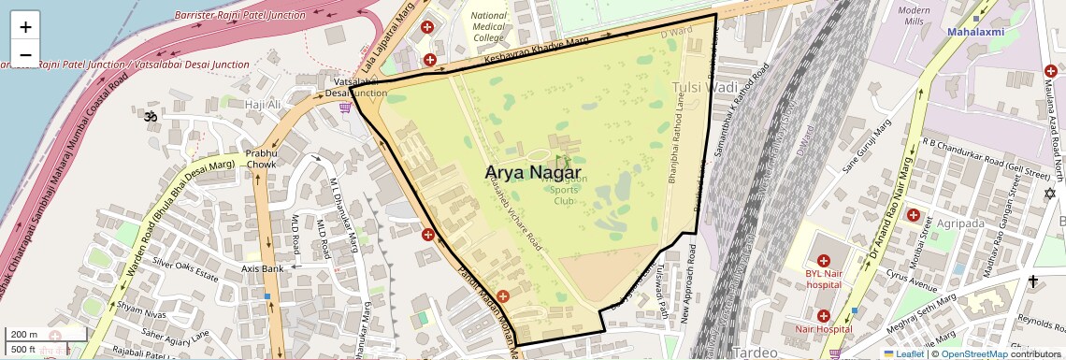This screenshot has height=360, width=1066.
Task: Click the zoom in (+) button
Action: [25, 27]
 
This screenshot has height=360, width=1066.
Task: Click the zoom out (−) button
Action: [25, 54]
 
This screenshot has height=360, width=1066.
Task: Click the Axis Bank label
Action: [262, 268]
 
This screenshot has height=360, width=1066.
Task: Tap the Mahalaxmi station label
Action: [974, 32]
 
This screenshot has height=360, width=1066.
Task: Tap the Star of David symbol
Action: [1049, 194]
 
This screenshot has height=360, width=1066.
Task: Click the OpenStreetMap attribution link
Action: [973, 354]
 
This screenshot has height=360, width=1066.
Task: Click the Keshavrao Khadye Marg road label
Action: [537, 53]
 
